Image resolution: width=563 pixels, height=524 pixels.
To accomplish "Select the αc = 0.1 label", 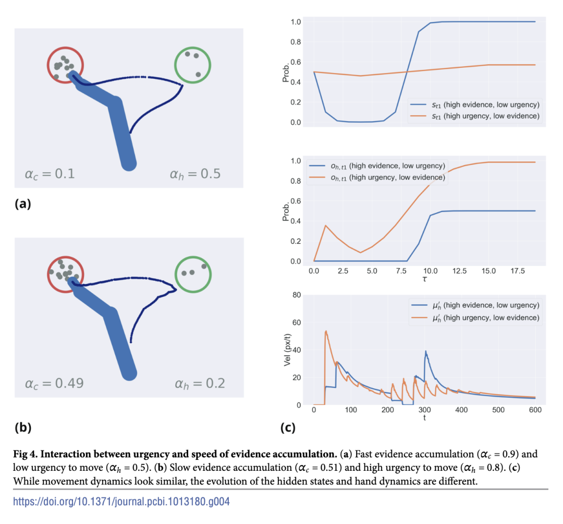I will tap(50, 173).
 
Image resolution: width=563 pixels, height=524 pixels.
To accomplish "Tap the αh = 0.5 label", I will tap(195, 173).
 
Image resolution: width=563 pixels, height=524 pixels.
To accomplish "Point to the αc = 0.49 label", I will tap(54, 384).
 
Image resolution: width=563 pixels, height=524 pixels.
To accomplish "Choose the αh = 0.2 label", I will tap(200, 384).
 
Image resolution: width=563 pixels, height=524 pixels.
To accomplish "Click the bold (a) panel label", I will tap(22, 204).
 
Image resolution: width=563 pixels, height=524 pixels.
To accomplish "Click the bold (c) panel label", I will tap(288, 428).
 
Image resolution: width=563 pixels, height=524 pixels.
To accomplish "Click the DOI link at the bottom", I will tap(121, 502).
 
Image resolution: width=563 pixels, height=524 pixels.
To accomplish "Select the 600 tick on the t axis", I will tap(535, 410).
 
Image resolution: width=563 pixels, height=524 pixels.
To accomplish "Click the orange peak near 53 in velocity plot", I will tap(326, 331).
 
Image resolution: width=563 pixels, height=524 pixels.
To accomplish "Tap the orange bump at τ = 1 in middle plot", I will tap(325, 225).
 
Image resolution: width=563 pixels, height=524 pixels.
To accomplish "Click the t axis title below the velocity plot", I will tap(424, 418).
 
